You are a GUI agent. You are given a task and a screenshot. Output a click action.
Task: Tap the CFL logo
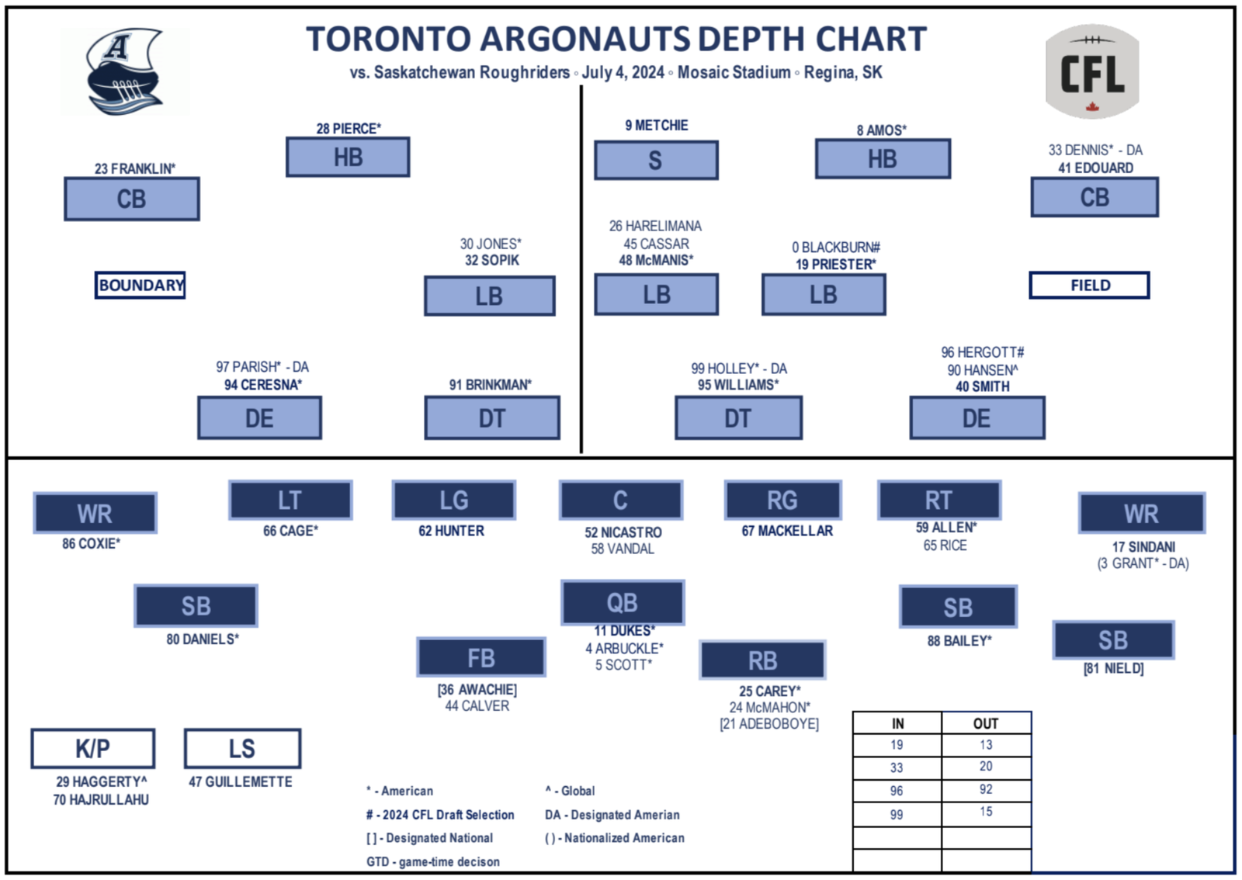[1091, 71]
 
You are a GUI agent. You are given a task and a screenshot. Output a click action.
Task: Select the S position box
[656, 160]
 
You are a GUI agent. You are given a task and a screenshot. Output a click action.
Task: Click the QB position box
[623, 602]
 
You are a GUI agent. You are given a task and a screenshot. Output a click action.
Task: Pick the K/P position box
[92, 749]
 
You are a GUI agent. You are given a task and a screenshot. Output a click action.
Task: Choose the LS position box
[242, 749]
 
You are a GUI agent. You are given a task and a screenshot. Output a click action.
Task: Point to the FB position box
[480, 657]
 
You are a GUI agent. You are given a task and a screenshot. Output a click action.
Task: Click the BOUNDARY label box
[140, 286]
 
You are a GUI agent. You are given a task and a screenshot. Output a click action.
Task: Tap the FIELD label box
[1090, 286]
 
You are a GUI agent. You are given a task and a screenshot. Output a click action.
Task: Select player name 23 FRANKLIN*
[135, 168]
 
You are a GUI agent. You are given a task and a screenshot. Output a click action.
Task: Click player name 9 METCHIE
[657, 125]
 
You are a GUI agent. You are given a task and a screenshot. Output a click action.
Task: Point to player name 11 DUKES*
[624, 631]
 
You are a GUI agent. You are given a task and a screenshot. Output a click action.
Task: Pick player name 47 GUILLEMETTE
[240, 782]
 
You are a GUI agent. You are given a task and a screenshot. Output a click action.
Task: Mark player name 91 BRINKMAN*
[490, 385]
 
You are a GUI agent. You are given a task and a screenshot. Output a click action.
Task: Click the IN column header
[897, 723]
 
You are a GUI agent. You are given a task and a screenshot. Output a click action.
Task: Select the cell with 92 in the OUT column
[986, 789]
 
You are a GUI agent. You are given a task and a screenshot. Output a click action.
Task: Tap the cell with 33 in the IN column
[897, 767]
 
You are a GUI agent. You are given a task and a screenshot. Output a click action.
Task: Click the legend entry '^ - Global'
[570, 791]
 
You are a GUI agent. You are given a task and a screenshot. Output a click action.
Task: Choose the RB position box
[763, 660]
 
